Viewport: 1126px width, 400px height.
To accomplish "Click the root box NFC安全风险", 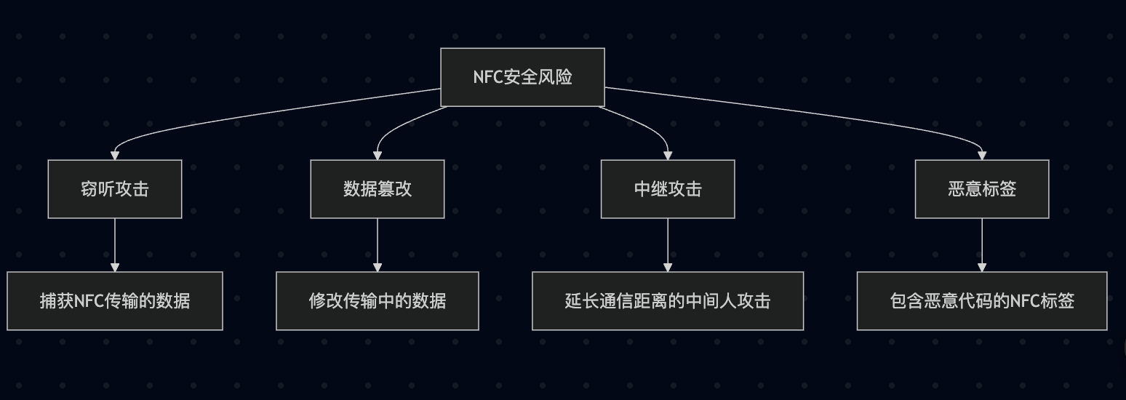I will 522,77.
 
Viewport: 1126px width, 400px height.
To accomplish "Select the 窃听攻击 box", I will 115,189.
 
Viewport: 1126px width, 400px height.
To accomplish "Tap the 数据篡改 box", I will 377,189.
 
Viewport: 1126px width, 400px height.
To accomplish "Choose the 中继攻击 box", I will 668,189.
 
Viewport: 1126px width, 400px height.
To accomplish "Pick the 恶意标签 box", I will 982,189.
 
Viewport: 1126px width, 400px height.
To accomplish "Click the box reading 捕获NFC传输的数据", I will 115,301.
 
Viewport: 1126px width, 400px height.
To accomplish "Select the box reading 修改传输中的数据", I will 377,301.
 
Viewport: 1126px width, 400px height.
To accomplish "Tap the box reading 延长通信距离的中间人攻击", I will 668,301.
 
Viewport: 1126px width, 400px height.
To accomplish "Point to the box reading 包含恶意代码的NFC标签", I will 982,301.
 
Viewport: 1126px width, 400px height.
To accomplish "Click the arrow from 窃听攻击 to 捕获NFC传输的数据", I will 115,244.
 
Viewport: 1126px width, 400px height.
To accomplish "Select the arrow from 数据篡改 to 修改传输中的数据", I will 377,244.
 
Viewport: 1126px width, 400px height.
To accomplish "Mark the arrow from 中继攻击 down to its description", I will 668,244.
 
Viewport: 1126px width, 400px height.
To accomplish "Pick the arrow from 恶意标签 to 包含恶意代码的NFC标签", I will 982,244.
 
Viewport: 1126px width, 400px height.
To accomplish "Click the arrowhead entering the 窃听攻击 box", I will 115,155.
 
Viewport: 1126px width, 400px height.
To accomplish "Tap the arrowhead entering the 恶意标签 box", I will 982,155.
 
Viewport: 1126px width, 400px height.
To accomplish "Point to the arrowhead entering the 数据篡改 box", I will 377,155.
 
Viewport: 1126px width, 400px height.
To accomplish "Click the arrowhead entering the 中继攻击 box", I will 668,155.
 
